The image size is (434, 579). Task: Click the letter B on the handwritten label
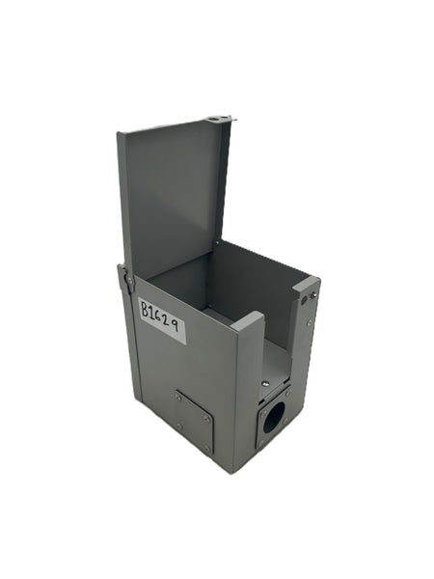(147, 309)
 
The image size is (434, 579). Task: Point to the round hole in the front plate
(275, 414)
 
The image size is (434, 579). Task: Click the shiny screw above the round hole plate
(265, 384)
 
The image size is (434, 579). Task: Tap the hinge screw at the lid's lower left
(129, 281)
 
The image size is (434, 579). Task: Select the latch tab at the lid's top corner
(221, 119)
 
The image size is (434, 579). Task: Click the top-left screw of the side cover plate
(177, 398)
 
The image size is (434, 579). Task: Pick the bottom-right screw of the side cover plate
(207, 450)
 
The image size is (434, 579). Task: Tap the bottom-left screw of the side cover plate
(179, 427)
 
